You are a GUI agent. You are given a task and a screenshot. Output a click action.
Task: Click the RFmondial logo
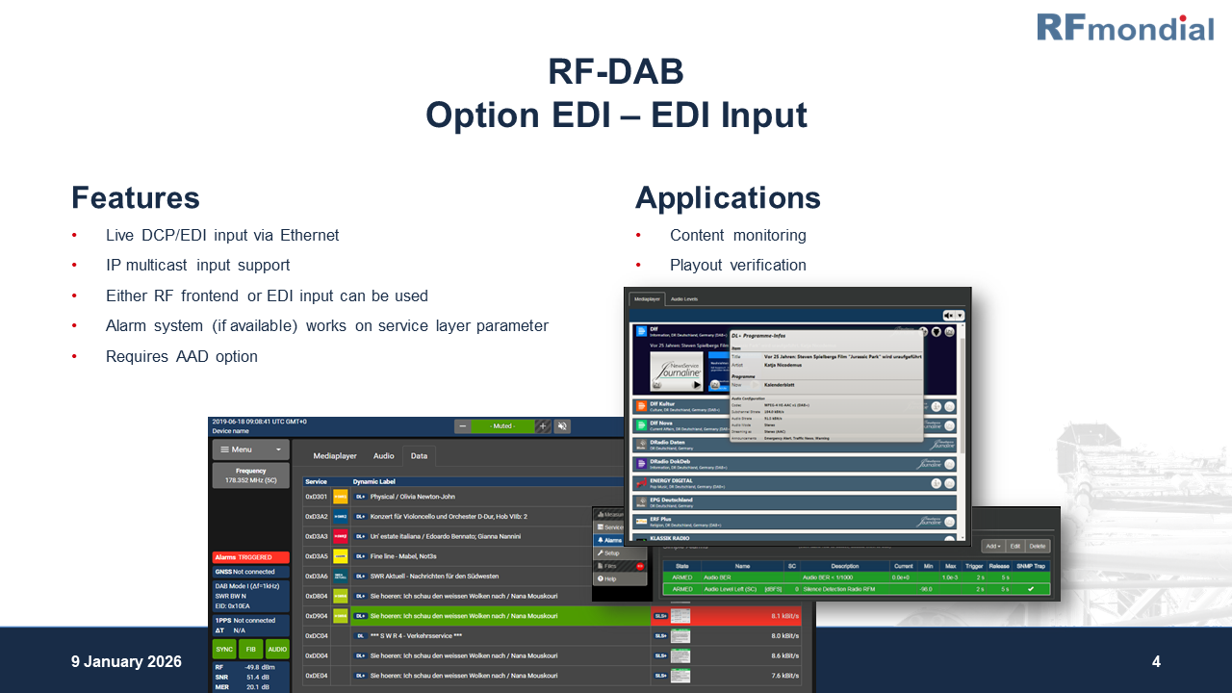[1124, 27]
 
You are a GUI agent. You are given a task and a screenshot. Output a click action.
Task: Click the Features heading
[135, 197]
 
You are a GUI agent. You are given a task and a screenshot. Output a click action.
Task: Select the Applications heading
[727, 197]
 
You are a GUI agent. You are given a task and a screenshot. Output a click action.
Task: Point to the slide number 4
[1156, 662]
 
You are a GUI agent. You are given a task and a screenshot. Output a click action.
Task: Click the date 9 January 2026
[126, 662]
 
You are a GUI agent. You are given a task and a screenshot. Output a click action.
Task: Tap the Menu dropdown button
[250, 449]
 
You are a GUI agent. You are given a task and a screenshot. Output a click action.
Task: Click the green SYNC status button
[223, 650]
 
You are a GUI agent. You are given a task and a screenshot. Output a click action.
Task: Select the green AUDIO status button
[277, 650]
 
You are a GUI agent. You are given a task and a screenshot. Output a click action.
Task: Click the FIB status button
[250, 650]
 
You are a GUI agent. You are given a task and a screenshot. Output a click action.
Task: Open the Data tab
[419, 456]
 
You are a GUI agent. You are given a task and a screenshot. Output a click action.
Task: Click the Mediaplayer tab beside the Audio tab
[335, 456]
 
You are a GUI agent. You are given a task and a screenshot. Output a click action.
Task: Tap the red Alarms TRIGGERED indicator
[250, 557]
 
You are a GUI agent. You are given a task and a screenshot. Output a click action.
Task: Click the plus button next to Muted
[543, 426]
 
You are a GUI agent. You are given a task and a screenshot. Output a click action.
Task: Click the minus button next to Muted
[463, 426]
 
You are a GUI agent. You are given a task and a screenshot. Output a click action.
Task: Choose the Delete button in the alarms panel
[1037, 546]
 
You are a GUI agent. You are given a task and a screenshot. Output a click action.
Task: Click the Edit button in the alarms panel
[1014, 546]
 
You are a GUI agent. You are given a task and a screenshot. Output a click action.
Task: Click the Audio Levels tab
[684, 299]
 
